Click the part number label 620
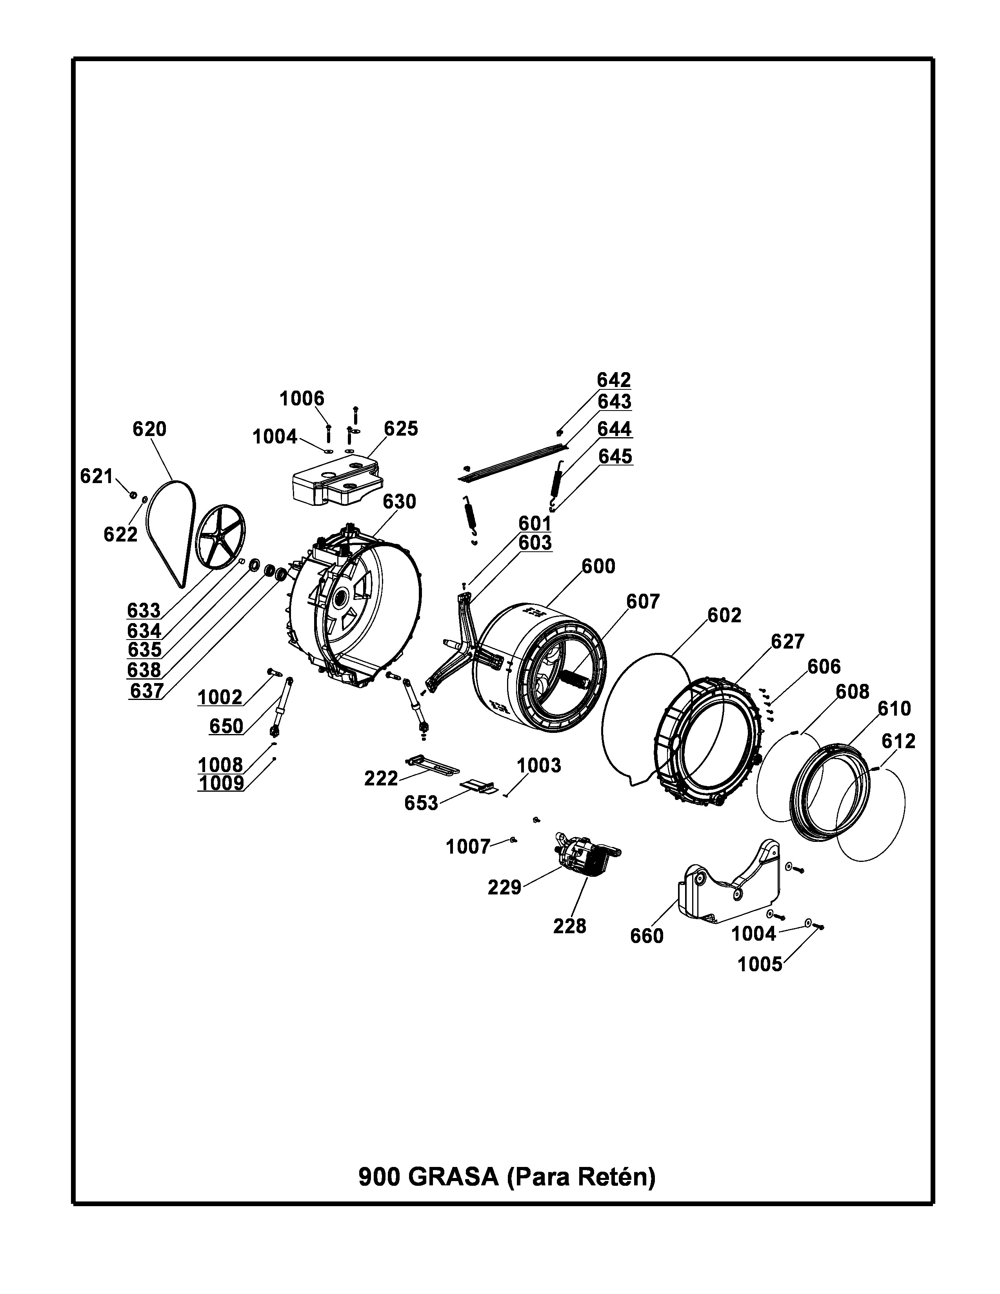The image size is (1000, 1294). pos(149,429)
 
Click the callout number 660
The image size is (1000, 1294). pos(647,936)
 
